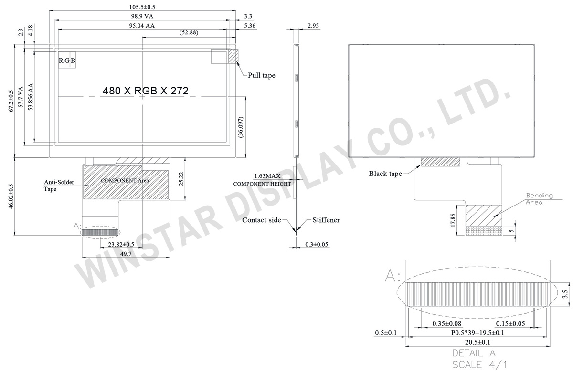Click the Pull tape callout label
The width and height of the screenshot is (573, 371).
point(261,75)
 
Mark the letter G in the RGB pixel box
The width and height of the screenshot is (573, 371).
point(67,61)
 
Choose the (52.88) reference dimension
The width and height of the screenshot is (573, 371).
point(189,33)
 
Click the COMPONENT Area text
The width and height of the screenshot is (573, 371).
point(125,181)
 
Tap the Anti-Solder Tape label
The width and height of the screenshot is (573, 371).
point(57,185)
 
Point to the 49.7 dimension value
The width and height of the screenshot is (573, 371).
point(126,254)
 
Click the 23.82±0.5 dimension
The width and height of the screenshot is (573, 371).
point(121,244)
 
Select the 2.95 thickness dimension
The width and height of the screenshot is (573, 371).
point(313,26)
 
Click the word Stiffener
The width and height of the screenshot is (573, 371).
point(326,220)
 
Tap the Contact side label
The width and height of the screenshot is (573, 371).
point(261,220)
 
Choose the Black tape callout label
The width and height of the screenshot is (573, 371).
point(385,174)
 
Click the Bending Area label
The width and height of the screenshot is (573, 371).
point(539,198)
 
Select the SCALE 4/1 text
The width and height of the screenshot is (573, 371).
point(474,365)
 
